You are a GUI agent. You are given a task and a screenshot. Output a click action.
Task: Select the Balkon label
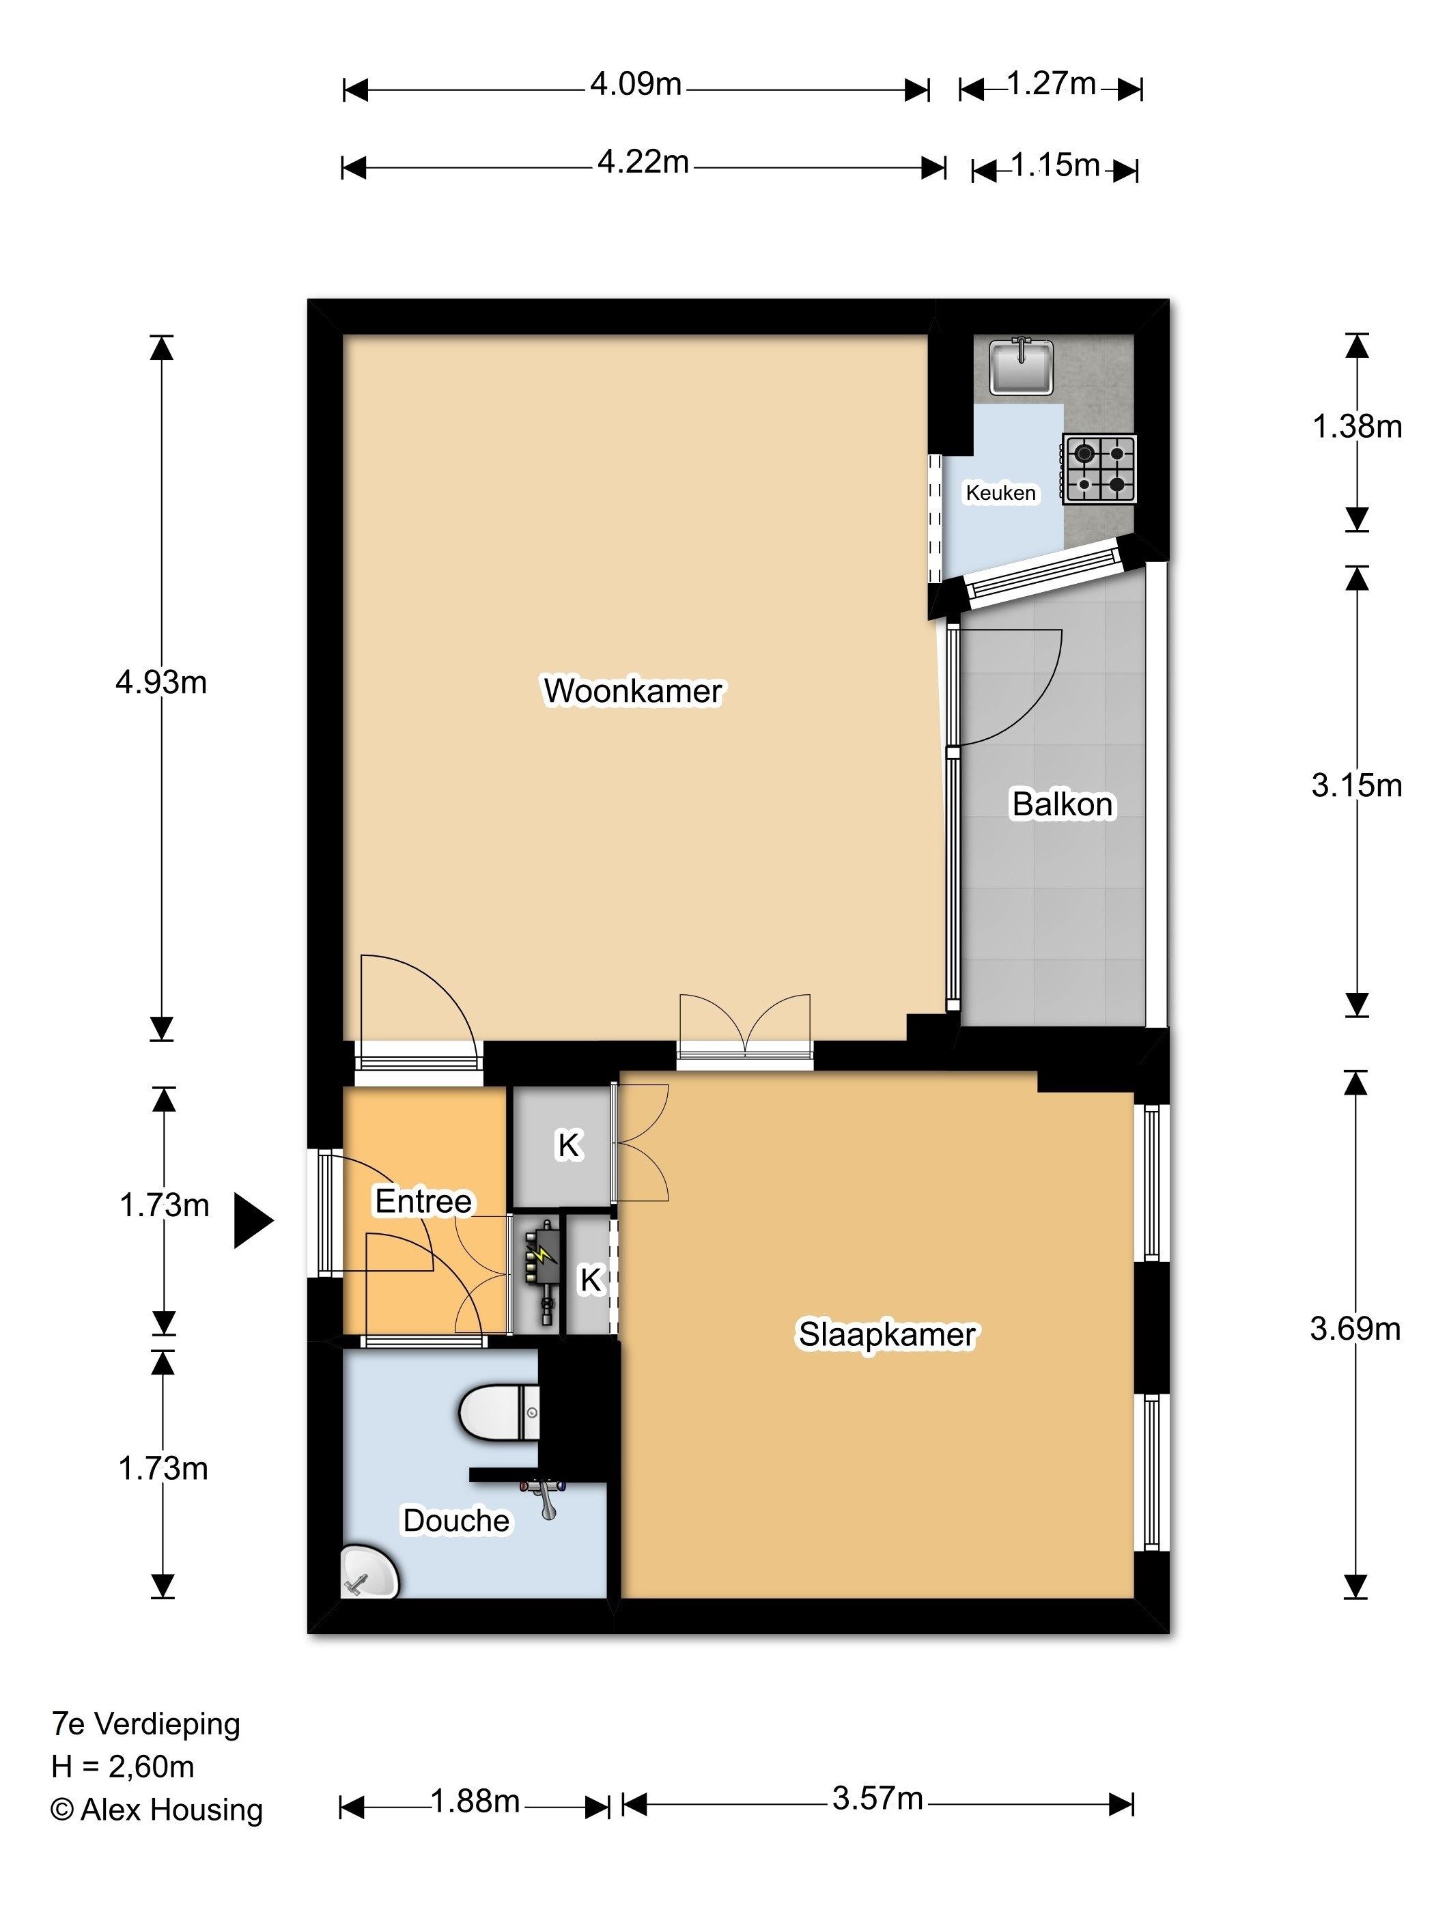(1063, 804)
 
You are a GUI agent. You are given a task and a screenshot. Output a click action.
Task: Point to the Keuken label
(1000, 493)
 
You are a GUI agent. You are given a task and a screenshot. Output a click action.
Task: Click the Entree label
(423, 1201)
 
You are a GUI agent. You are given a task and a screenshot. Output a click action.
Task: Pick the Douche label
(456, 1521)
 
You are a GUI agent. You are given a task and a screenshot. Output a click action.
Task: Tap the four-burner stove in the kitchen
(1099, 468)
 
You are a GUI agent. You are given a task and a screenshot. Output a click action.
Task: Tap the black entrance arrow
(253, 1222)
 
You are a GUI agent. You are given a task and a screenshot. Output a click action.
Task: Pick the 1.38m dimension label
(1357, 426)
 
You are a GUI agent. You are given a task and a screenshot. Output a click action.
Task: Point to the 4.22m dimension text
(643, 162)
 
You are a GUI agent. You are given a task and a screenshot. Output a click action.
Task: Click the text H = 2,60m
(123, 1766)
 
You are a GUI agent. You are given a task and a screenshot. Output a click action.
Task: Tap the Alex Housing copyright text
(156, 1809)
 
